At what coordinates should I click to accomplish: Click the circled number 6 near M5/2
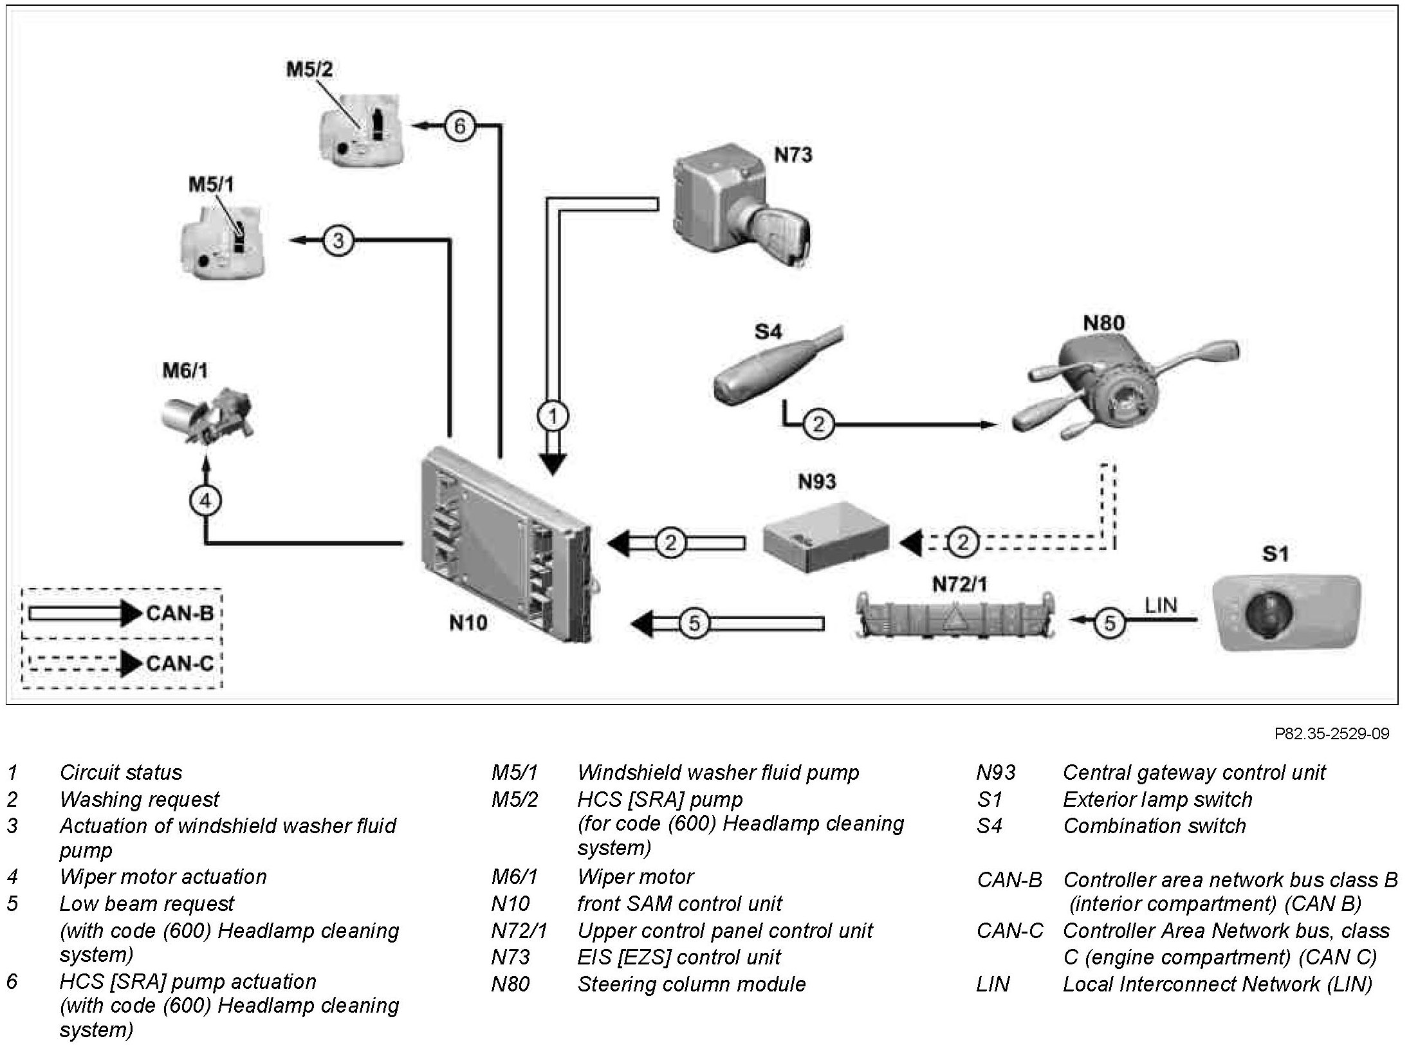point(459,126)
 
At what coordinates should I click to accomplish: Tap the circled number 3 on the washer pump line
point(338,241)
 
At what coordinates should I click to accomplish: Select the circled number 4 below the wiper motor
point(206,501)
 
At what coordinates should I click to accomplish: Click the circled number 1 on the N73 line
point(553,417)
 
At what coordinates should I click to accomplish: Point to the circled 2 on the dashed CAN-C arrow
point(962,542)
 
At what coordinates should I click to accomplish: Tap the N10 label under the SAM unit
point(468,622)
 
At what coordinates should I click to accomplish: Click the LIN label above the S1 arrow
point(1161,605)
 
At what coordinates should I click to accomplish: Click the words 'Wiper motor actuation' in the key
point(163,877)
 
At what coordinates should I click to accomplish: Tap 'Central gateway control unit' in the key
point(1194,772)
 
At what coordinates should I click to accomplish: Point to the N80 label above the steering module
point(1104,322)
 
